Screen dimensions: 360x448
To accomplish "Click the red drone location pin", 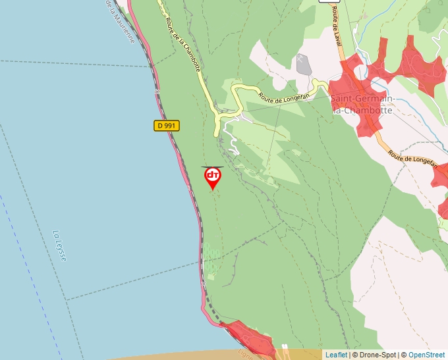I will [x=213, y=176].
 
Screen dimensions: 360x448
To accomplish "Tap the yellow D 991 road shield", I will [x=167, y=125].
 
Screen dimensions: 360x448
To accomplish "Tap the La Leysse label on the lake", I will [x=60, y=245].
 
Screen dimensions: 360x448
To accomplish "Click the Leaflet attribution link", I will [x=336, y=355].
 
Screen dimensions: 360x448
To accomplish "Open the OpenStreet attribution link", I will [x=426, y=355].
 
